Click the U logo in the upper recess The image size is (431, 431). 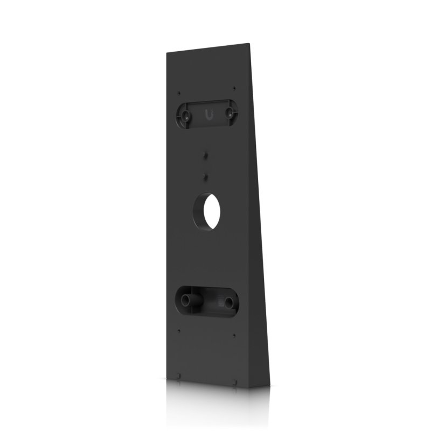[208, 113]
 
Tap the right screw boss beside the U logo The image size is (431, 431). [230, 113]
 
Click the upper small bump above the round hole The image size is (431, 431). [205, 154]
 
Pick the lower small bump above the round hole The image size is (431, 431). [205, 175]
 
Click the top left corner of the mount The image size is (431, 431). [167, 51]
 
